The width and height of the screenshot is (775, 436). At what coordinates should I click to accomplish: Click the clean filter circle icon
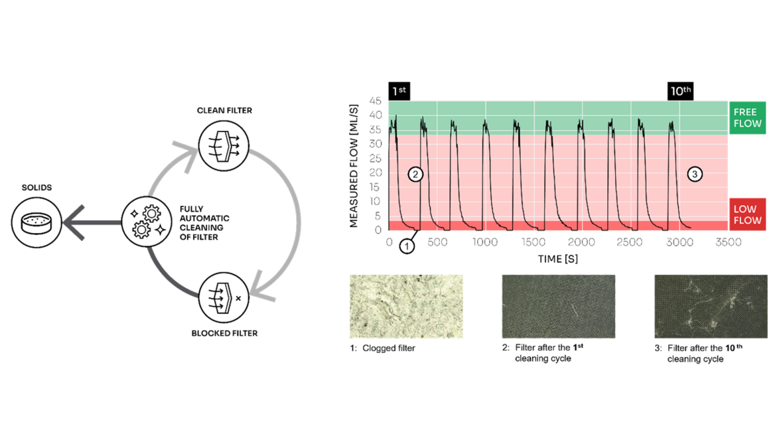(x=224, y=144)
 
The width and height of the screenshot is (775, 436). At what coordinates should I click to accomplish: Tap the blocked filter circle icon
(x=224, y=297)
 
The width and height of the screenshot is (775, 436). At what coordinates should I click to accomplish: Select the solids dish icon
(x=36, y=222)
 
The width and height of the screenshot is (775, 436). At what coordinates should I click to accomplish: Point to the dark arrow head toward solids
(x=74, y=222)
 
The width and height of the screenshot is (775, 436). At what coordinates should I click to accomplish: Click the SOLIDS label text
(x=36, y=188)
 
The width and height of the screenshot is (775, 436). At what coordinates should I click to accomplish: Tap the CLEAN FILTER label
(x=224, y=110)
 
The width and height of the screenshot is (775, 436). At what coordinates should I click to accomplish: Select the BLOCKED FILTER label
(x=224, y=332)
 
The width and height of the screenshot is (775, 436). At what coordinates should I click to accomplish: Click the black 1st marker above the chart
(x=399, y=91)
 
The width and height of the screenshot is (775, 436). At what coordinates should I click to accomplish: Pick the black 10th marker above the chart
(x=679, y=91)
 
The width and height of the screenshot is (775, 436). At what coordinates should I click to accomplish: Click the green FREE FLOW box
(x=747, y=118)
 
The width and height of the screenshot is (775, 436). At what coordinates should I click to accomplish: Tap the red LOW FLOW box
(x=747, y=214)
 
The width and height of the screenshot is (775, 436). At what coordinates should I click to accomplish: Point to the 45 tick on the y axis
(x=376, y=101)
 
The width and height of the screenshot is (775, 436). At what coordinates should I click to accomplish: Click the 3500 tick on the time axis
(x=728, y=243)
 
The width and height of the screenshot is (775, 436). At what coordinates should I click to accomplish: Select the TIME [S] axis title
(x=557, y=258)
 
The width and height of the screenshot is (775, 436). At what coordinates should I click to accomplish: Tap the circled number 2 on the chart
(x=415, y=175)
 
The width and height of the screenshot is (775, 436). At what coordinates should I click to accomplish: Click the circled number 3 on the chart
(x=695, y=175)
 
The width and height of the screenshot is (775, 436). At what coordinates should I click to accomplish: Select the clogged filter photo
(x=406, y=307)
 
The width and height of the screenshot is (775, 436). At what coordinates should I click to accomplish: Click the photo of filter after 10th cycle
(x=711, y=307)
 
